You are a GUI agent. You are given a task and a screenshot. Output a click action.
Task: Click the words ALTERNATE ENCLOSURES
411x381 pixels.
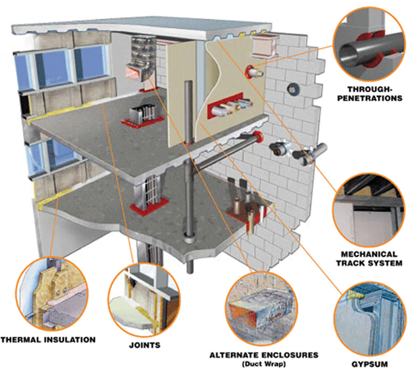(264, 355)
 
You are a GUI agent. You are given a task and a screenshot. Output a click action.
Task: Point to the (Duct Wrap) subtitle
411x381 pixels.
(264, 364)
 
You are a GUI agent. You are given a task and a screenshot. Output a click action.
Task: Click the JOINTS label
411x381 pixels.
(144, 345)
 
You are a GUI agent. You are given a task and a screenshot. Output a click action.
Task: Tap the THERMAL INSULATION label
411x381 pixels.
(48, 339)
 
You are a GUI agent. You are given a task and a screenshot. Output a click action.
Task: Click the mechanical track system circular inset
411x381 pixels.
(369, 210)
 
